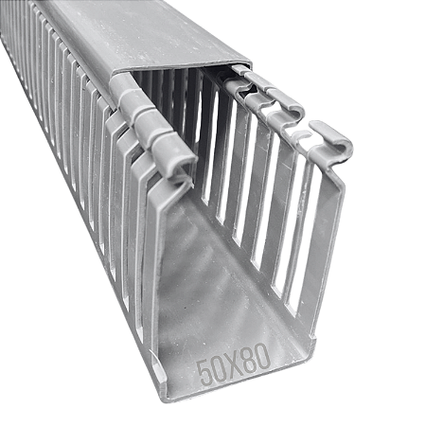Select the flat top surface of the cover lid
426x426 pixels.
click(x=142, y=33)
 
